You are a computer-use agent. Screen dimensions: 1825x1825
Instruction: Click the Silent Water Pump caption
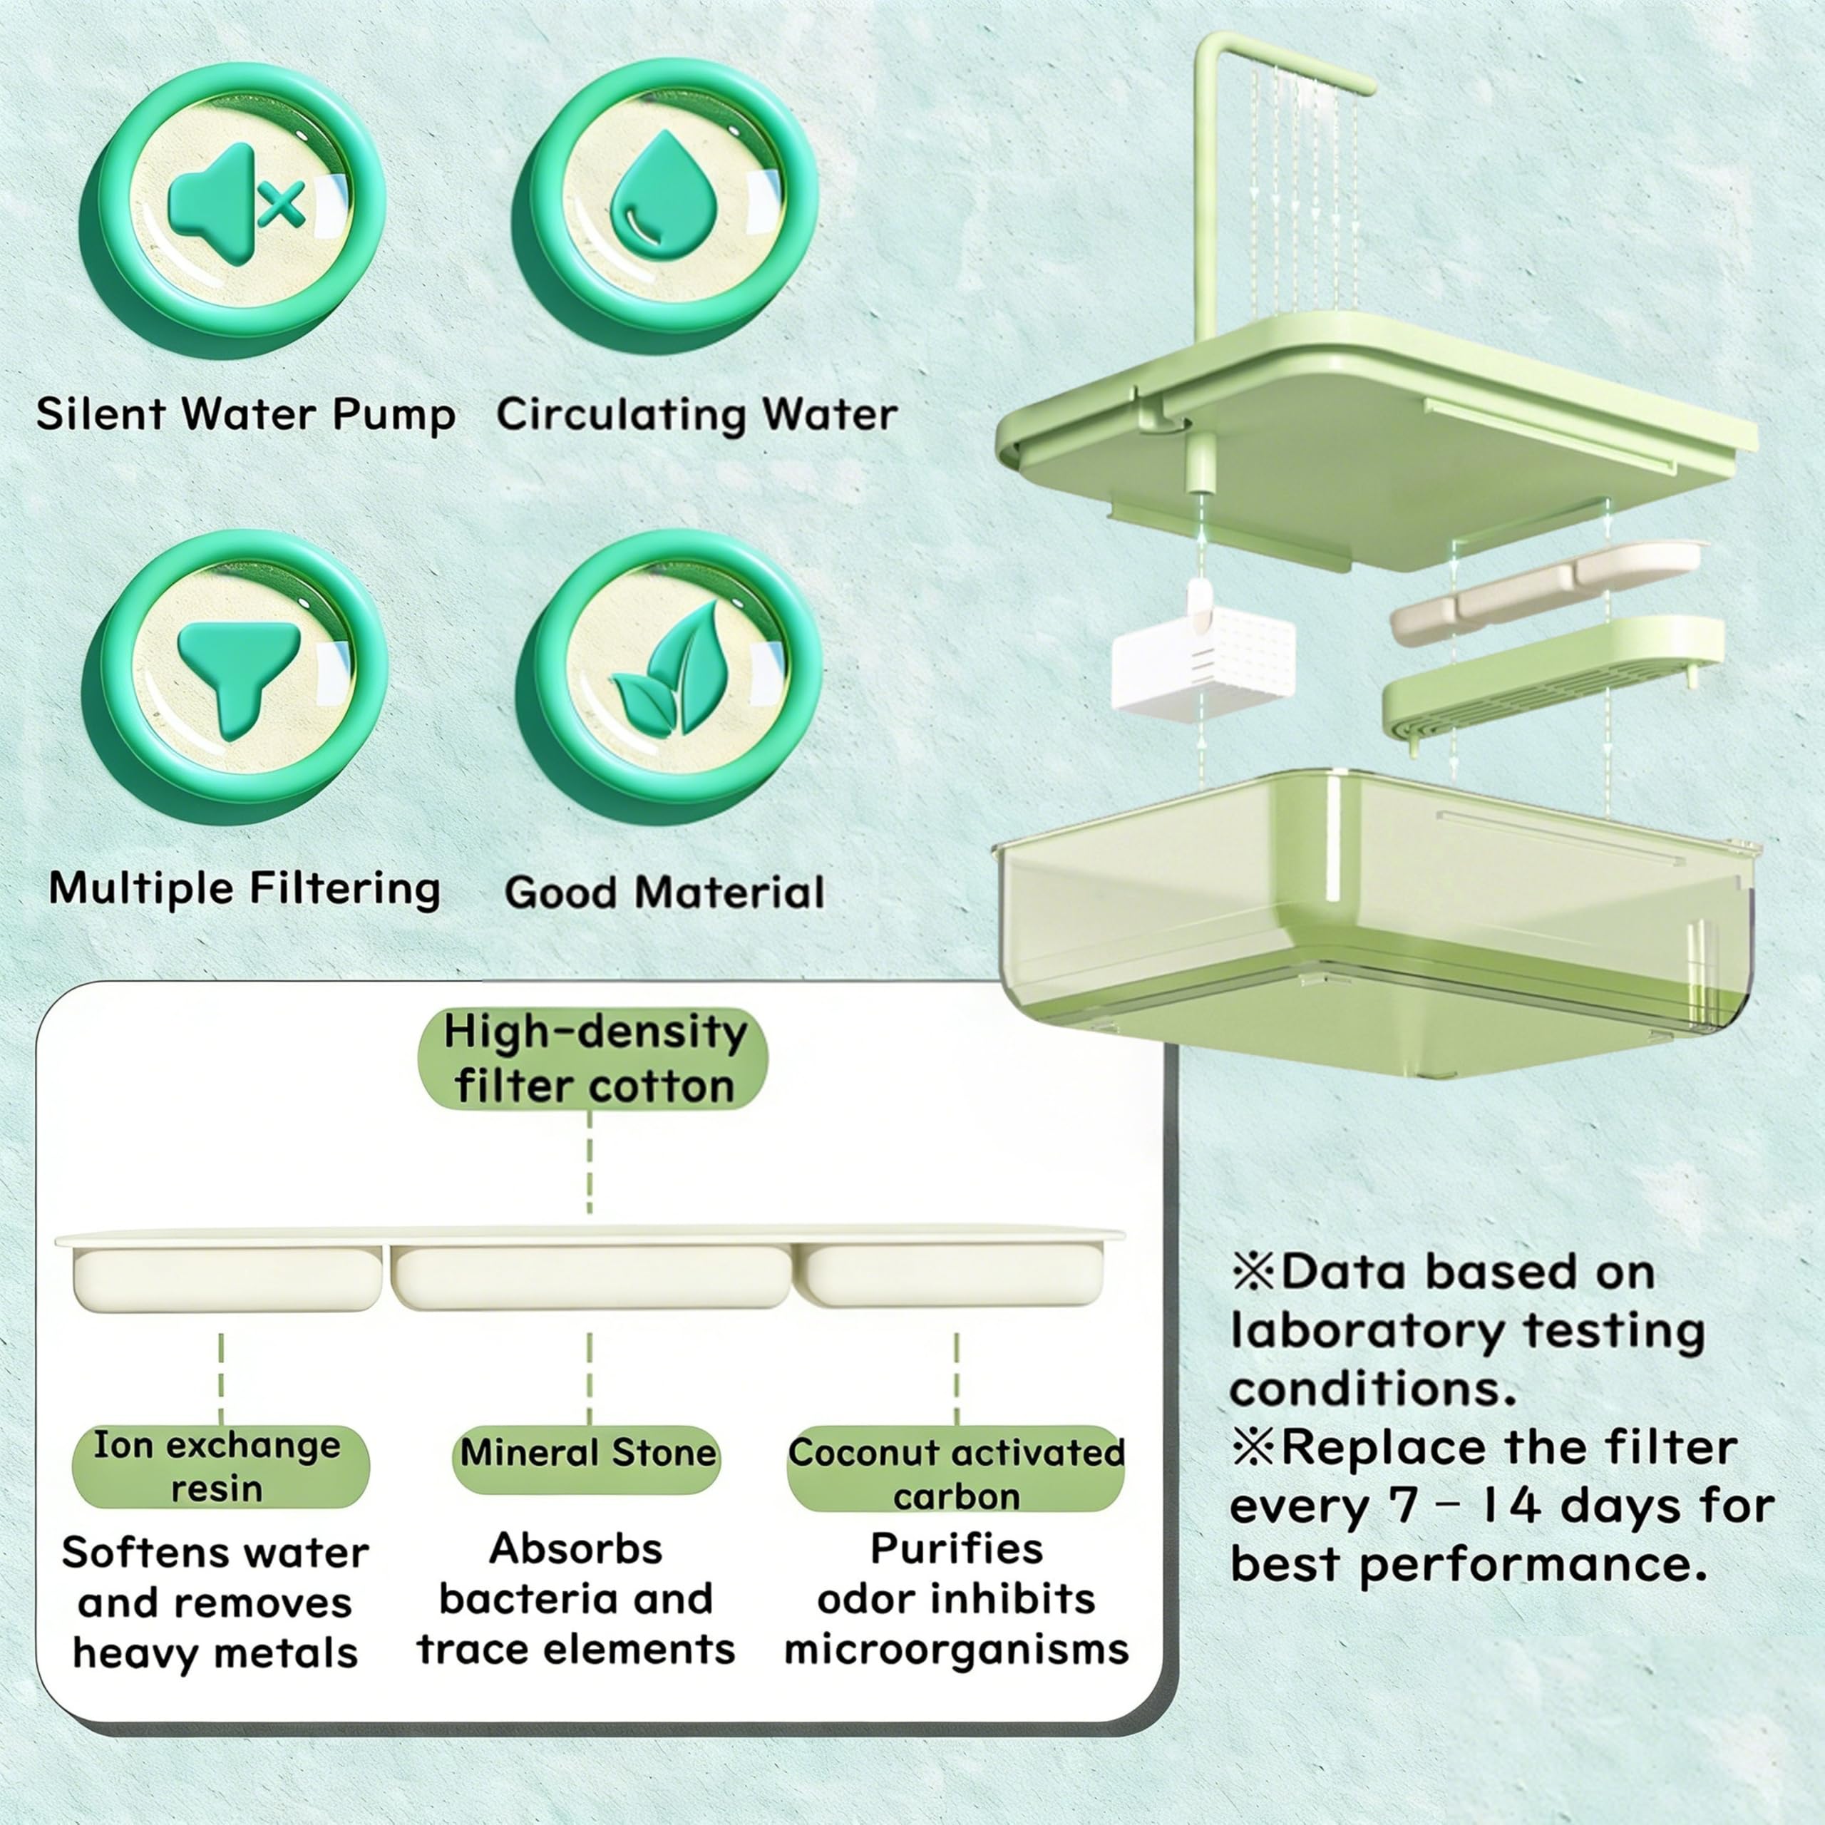pos(246,415)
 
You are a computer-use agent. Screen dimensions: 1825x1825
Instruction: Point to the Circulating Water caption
pos(697,415)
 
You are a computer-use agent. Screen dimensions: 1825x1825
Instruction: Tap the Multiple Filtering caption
pos(245,889)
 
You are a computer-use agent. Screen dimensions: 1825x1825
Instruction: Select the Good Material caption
pos(664,893)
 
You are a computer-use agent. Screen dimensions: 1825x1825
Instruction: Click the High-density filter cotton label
pos(593,1059)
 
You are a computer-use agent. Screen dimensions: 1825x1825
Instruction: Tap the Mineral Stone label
pos(587,1454)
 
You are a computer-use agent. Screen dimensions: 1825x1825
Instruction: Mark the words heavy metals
pos(215,1654)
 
